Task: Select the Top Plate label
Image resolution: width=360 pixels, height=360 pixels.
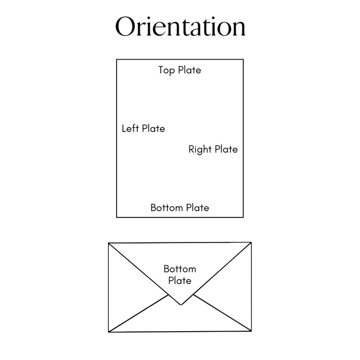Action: [x=180, y=70]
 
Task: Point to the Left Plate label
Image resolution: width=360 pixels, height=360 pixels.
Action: [x=143, y=129]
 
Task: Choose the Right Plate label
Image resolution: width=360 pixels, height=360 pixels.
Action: [x=213, y=149]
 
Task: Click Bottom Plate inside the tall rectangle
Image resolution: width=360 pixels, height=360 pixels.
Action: [x=180, y=208]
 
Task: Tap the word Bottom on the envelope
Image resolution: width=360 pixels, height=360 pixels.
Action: [x=180, y=269]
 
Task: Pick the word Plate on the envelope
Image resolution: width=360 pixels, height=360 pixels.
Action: [x=180, y=281]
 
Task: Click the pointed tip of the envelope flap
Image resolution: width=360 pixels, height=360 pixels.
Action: [x=180, y=305]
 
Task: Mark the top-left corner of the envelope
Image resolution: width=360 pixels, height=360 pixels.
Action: [x=109, y=243]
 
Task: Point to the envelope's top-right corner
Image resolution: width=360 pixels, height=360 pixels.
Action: [x=251, y=242]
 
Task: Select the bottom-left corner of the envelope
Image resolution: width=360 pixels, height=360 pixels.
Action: [x=109, y=332]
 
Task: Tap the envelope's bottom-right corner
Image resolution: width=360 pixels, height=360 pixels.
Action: [x=251, y=331]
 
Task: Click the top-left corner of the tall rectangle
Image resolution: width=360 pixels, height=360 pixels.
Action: [x=117, y=60]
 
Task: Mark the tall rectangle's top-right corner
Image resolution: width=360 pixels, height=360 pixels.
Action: [x=243, y=60]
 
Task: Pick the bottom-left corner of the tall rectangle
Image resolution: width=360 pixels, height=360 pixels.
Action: [x=117, y=217]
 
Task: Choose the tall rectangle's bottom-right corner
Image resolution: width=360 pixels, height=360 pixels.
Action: [x=243, y=217]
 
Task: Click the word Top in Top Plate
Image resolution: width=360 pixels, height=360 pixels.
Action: [x=167, y=70]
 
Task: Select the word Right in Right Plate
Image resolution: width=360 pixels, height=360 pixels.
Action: [x=200, y=149]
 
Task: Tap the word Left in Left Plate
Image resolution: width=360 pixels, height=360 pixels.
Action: [x=130, y=129]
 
